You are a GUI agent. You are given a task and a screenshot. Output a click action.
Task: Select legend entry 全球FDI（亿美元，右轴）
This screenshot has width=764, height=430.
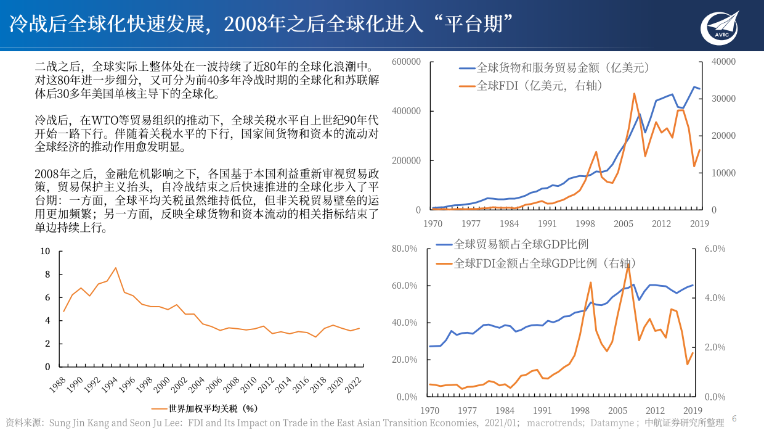[x=540, y=86]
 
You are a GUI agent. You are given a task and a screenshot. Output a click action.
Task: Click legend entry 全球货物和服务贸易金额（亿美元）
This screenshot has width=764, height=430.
[x=563, y=68]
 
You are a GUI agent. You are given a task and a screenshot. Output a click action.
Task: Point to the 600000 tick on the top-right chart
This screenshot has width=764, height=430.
[x=405, y=62]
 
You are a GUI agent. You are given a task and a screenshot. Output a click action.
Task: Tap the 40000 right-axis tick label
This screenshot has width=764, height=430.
[x=723, y=62]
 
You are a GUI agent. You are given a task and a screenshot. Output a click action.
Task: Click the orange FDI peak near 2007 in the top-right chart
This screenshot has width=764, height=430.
[x=634, y=94]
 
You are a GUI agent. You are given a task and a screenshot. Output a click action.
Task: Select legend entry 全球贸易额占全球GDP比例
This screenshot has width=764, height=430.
[x=521, y=245]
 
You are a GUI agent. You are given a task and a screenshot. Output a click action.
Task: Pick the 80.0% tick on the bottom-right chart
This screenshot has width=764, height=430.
[x=405, y=249]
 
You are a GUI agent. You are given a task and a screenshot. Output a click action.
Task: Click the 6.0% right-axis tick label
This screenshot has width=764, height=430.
[x=715, y=249]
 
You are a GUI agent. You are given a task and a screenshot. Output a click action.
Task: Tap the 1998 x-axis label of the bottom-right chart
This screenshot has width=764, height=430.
[x=580, y=410]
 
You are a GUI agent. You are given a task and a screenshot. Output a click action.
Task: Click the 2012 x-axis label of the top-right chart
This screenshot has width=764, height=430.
[x=661, y=223]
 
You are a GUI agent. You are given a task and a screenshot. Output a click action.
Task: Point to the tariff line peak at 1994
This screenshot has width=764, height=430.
[x=115, y=268]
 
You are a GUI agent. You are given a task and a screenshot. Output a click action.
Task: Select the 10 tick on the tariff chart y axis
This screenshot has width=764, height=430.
[x=45, y=251]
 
